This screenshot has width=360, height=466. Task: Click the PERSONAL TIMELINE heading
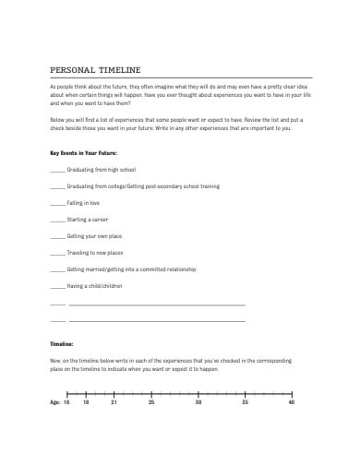pyautogui.click(x=95, y=69)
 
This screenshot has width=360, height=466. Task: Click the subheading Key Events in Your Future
pyautogui.click(x=83, y=152)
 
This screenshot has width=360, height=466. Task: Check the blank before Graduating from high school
pyautogui.click(x=56, y=170)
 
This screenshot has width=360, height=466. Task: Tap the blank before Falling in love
pyautogui.click(x=56, y=203)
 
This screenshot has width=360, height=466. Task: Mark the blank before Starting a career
pyautogui.click(x=56, y=220)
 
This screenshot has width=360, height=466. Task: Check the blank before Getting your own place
pyautogui.click(x=56, y=236)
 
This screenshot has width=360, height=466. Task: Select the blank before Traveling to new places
pyautogui.click(x=56, y=253)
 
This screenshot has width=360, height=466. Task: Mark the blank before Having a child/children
pyautogui.click(x=56, y=286)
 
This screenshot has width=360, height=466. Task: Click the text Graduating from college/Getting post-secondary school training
pyautogui.click(x=143, y=186)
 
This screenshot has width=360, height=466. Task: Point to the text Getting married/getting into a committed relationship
pyautogui.click(x=133, y=269)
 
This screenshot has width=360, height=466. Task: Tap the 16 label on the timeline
pyautogui.click(x=66, y=402)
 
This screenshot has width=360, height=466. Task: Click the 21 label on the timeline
pyautogui.click(x=114, y=402)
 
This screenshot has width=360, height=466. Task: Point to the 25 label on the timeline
pyautogui.click(x=151, y=402)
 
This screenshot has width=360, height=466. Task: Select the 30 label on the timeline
pyautogui.click(x=198, y=402)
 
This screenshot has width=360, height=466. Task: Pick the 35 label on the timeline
pyautogui.click(x=245, y=402)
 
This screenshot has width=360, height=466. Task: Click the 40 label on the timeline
pyautogui.click(x=292, y=402)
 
